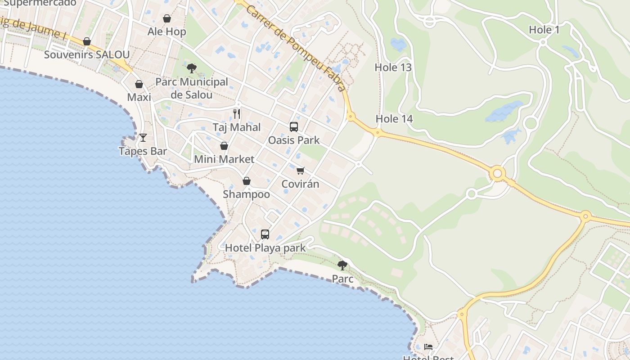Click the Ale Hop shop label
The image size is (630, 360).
pyautogui.click(x=166, y=31)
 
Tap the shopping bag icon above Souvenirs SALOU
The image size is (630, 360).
pyautogui.click(x=87, y=42)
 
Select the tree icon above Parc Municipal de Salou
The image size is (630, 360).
pyautogui.click(x=192, y=68)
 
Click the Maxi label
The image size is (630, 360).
pyautogui.click(x=139, y=97)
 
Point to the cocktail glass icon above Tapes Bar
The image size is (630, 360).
pyautogui.click(x=143, y=138)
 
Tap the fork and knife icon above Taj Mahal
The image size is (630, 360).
pyautogui.click(x=237, y=113)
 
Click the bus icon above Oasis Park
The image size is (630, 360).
pyautogui.click(x=294, y=127)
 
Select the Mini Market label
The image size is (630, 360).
pyautogui.click(x=224, y=159)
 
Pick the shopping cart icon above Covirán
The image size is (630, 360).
pyautogui.click(x=300, y=171)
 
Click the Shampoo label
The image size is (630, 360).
pyautogui.click(x=247, y=194)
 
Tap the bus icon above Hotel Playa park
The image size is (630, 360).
pyautogui.click(x=265, y=234)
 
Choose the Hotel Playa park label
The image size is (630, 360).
pyautogui.click(x=265, y=248)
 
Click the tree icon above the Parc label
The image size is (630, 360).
pyautogui.click(x=342, y=265)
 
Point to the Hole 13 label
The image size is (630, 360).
pyautogui.click(x=393, y=67)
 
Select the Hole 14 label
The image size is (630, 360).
pyautogui.click(x=394, y=119)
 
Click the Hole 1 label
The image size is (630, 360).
pyautogui.click(x=544, y=30)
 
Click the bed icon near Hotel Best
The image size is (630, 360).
pyautogui.click(x=428, y=346)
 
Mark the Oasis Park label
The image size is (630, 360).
pyautogui.click(x=294, y=140)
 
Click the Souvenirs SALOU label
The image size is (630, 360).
pyautogui.click(x=87, y=55)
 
